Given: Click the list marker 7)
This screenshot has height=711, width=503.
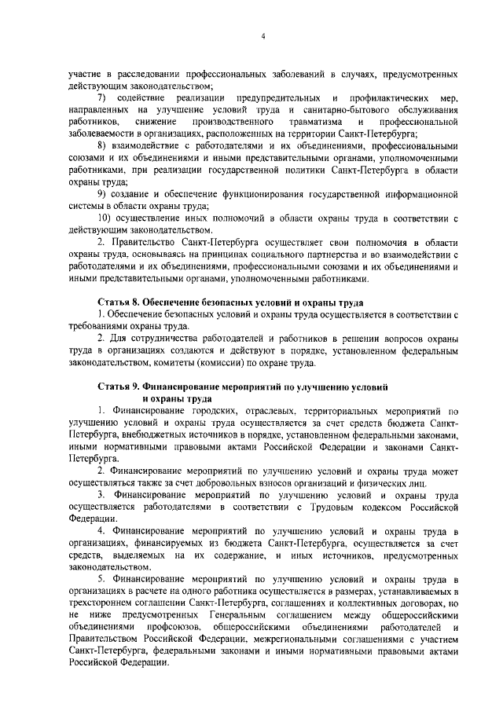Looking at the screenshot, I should [101, 97].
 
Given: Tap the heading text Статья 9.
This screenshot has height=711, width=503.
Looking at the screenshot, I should [122, 387].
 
